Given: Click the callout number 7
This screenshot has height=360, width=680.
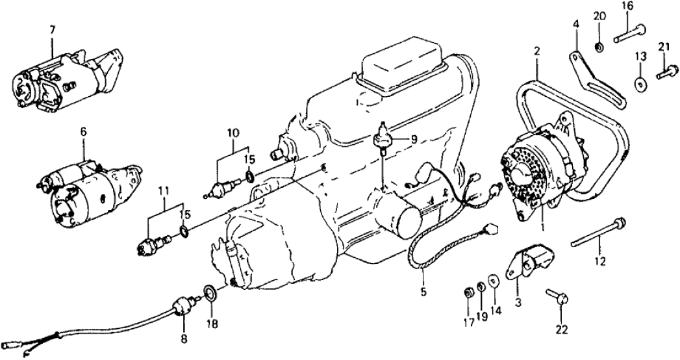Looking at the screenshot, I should pyautogui.click(x=53, y=29).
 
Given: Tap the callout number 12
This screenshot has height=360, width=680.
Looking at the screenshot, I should pyautogui.click(x=599, y=262).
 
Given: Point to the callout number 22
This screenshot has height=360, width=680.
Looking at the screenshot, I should pyautogui.click(x=562, y=329).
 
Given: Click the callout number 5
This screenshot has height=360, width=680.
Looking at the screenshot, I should pyautogui.click(x=423, y=292).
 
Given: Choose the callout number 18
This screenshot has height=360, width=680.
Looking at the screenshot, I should pyautogui.click(x=212, y=322).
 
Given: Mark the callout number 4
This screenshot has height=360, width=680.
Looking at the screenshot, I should pyautogui.click(x=575, y=25).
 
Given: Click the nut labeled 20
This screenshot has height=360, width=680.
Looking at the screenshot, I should pyautogui.click(x=599, y=47).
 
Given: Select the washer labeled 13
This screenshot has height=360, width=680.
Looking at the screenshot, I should pyautogui.click(x=640, y=84).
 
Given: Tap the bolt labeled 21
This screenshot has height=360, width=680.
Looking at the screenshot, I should pyautogui.click(x=663, y=74).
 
